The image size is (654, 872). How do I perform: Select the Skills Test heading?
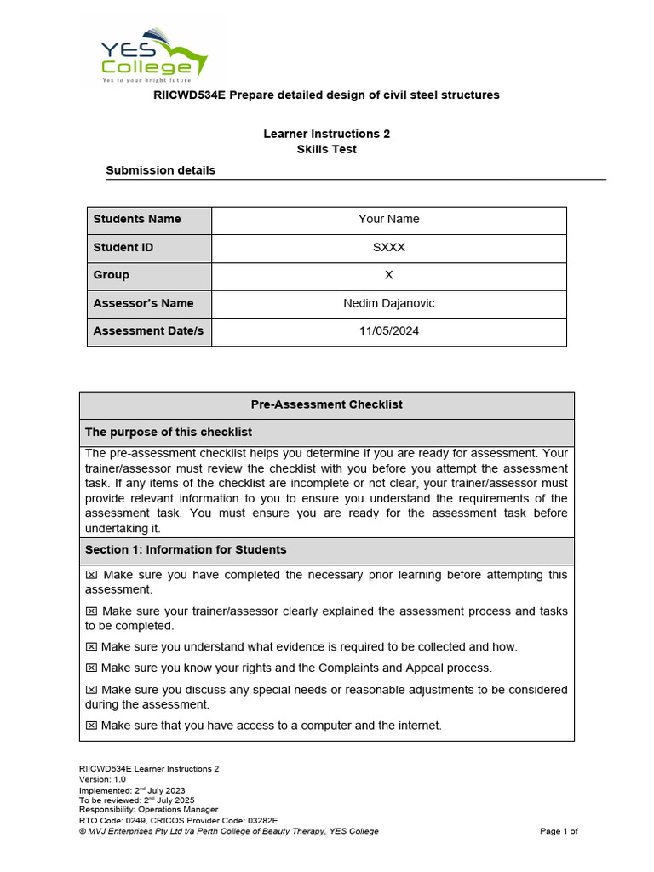point(326,149)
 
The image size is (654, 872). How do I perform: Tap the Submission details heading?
point(160,170)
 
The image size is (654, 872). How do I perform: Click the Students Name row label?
point(137,219)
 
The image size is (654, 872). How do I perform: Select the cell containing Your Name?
point(388,219)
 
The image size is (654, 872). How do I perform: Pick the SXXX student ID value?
point(388,247)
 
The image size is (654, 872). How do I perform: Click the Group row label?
point(112,275)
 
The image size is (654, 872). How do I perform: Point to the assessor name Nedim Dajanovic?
point(388,303)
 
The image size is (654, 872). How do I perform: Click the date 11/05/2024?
point(388,331)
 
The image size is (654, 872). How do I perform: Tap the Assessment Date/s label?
point(148,331)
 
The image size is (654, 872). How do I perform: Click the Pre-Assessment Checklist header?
point(326,404)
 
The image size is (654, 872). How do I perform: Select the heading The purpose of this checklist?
point(168,432)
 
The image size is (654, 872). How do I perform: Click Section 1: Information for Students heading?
point(186,550)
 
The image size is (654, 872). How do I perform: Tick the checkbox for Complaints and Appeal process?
point(91,668)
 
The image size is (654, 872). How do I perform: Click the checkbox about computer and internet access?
point(91,726)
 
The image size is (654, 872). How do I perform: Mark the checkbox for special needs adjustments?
point(91,691)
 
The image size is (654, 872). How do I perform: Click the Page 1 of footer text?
point(559,831)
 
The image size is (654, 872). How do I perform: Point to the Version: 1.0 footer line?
point(102,779)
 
